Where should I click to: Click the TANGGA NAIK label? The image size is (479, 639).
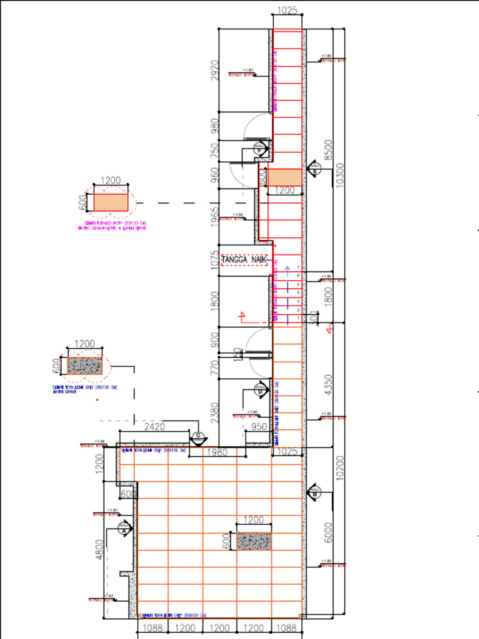tap(244, 259)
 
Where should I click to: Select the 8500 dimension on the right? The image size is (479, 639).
tap(329, 150)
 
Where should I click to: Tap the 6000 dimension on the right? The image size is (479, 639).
tap(329, 533)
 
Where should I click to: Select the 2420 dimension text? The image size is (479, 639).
tap(154, 427)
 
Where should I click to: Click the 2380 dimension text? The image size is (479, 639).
tap(215, 413)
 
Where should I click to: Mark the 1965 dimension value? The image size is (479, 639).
tap(215, 217)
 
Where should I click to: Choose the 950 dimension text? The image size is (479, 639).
tap(259, 427)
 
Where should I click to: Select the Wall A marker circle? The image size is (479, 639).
tap(125, 529)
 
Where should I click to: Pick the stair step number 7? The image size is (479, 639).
tap(298, 267)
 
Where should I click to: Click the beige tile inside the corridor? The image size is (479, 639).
tap(285, 177)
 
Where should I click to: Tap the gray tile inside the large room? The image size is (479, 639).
tap(254, 541)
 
